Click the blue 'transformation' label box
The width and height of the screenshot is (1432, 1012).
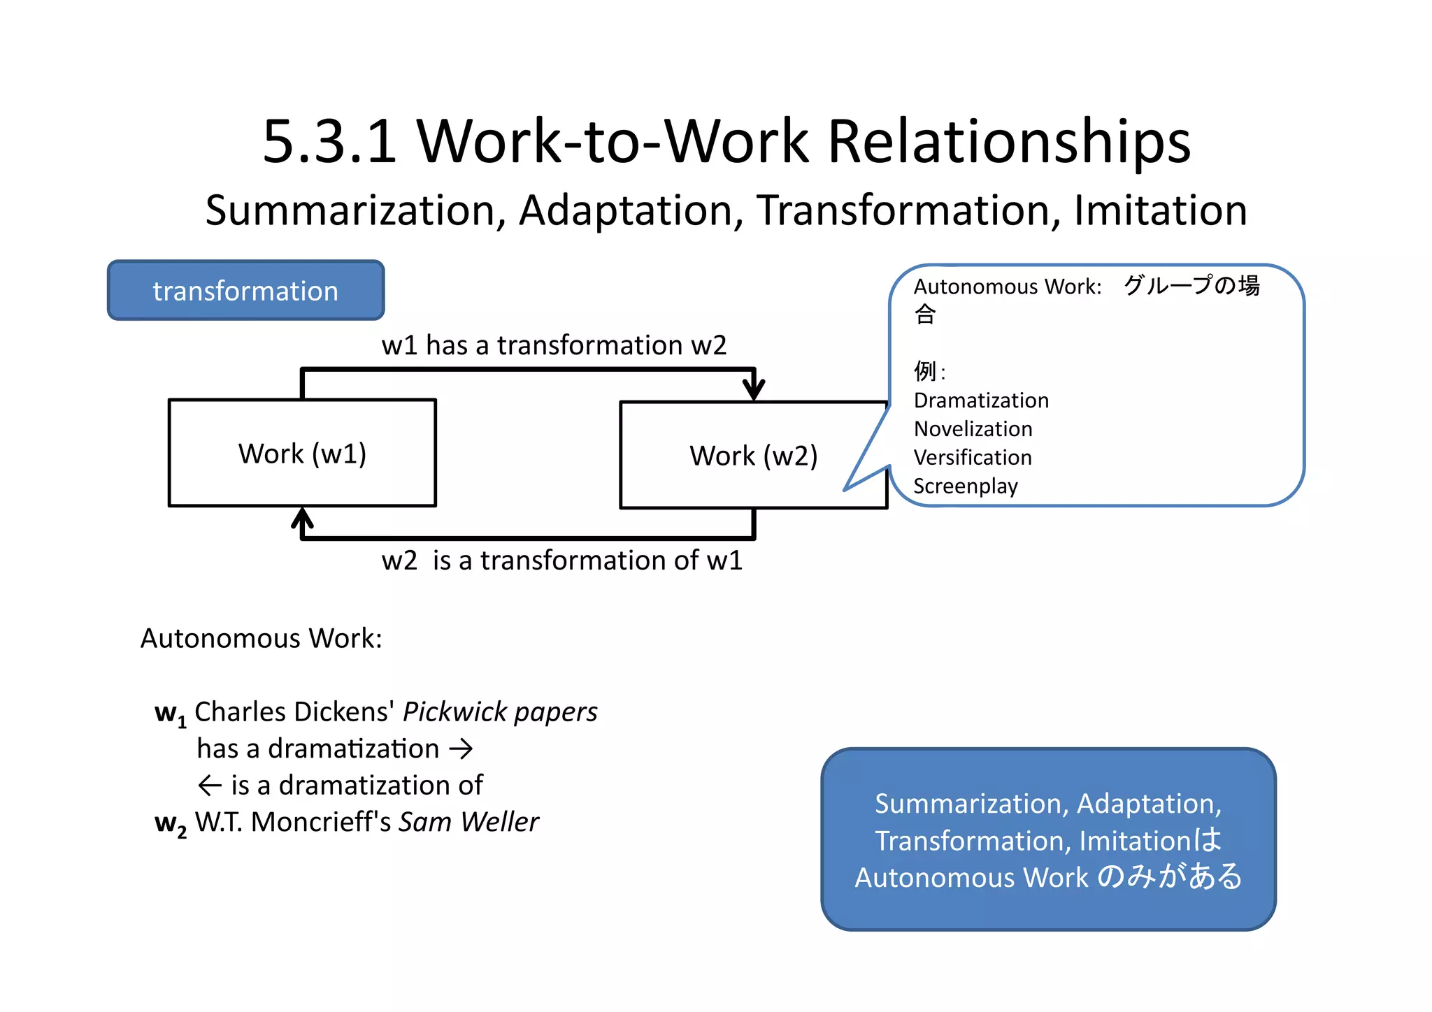pyautogui.click(x=245, y=291)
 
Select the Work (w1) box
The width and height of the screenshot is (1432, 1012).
pyautogui.click(x=302, y=453)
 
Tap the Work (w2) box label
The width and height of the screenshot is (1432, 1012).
pyautogui.click(x=753, y=456)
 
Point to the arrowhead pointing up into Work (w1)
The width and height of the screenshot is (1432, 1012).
pyautogui.click(x=302, y=519)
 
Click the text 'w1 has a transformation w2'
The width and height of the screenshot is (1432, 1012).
pyautogui.click(x=554, y=345)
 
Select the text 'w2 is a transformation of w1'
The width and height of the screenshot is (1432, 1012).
pyautogui.click(x=561, y=561)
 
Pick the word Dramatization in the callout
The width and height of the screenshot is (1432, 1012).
pyautogui.click(x=981, y=400)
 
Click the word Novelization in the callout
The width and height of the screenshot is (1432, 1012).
pyautogui.click(x=973, y=429)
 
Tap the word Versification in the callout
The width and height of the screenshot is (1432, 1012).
pyautogui.click(x=973, y=458)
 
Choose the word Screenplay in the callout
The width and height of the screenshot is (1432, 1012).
pyautogui.click(x=966, y=486)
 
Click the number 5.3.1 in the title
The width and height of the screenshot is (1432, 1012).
pyautogui.click(x=329, y=142)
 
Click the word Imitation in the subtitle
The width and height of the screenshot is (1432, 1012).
pyautogui.click(x=1160, y=210)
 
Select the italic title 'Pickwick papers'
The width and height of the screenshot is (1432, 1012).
pyautogui.click(x=500, y=712)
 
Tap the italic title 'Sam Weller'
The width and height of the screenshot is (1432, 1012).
pyautogui.click(x=468, y=823)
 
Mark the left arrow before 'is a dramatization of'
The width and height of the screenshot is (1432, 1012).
pyautogui.click(x=210, y=786)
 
